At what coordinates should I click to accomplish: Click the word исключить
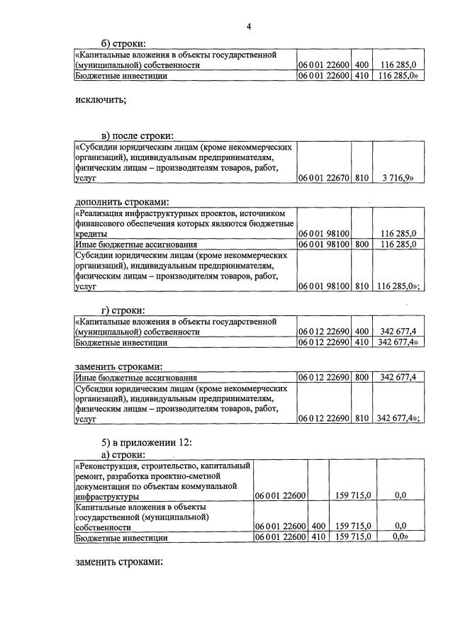point(100,99)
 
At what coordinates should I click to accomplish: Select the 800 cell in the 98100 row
point(362,244)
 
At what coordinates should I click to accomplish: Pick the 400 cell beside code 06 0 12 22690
point(362,332)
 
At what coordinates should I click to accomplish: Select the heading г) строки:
point(123,310)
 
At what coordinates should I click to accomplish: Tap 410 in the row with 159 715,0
point(318,538)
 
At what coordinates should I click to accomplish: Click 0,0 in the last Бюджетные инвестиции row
point(401,538)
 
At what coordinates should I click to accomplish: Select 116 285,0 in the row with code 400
point(398,65)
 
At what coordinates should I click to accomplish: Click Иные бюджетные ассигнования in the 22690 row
point(136,378)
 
